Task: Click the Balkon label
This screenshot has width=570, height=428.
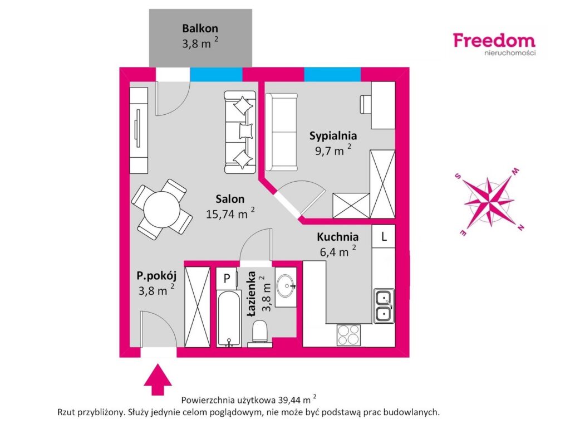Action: coord(200,28)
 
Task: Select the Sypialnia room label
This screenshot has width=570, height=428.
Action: coord(333,136)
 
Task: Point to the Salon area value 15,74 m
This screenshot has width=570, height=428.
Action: coord(227,214)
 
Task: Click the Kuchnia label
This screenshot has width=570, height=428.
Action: coord(338,237)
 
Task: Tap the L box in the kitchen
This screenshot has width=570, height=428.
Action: coord(384,236)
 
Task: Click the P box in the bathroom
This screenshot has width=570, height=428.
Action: coord(227,279)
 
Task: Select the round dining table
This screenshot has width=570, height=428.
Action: coord(161,210)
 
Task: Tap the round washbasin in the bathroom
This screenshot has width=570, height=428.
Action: coord(286,286)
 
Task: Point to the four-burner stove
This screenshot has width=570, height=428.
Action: coord(348,335)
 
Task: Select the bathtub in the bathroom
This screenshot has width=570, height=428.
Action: coord(229,318)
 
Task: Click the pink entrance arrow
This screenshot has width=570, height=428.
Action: coord(158,380)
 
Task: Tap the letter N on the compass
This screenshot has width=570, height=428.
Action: coord(520,227)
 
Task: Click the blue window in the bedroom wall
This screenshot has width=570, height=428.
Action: coord(332,74)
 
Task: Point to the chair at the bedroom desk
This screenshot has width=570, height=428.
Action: coord(365,104)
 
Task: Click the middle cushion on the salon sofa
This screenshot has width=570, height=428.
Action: coord(246,130)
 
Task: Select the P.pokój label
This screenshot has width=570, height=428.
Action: coord(156,276)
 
